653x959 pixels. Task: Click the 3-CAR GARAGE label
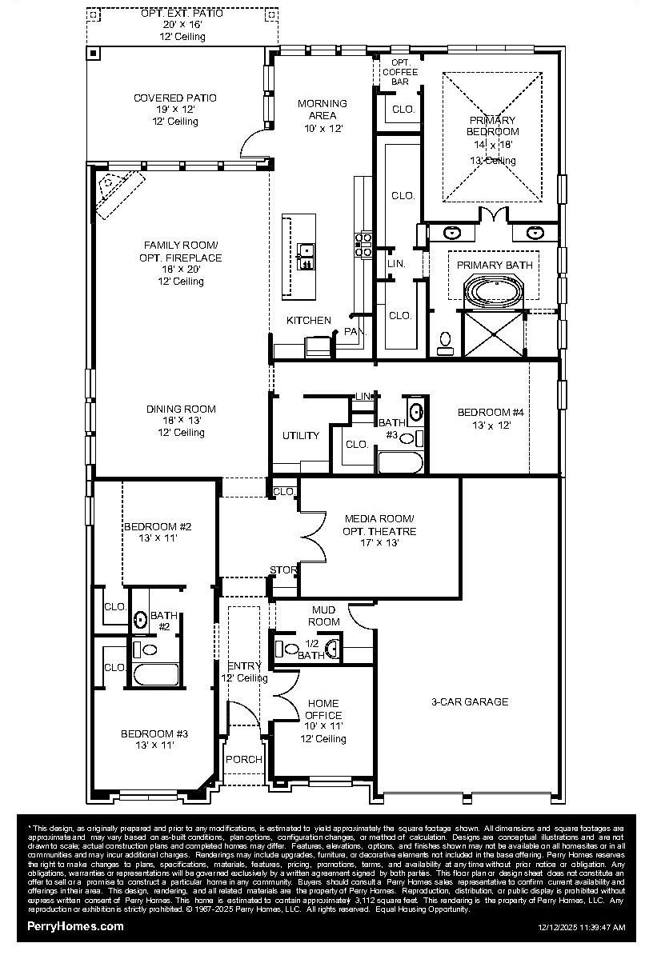pyautogui.click(x=470, y=701)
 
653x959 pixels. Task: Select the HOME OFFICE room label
pyautogui.click(x=323, y=709)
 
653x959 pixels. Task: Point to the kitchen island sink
pyautogui.click(x=306, y=254)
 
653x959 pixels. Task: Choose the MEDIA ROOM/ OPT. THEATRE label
pyautogui.click(x=379, y=525)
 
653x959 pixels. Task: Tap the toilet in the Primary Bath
pyautogui.click(x=445, y=342)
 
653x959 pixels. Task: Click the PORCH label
pyautogui.click(x=243, y=759)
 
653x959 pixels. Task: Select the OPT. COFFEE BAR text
pyautogui.click(x=399, y=72)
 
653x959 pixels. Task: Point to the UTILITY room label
pyautogui.click(x=300, y=436)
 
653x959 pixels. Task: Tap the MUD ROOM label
pyautogui.click(x=324, y=616)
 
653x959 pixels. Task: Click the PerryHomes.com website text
pyautogui.click(x=76, y=925)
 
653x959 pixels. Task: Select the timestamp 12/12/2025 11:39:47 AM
pyautogui.click(x=581, y=928)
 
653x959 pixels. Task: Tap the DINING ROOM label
pyautogui.click(x=180, y=409)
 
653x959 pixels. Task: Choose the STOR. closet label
pyautogui.click(x=283, y=570)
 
